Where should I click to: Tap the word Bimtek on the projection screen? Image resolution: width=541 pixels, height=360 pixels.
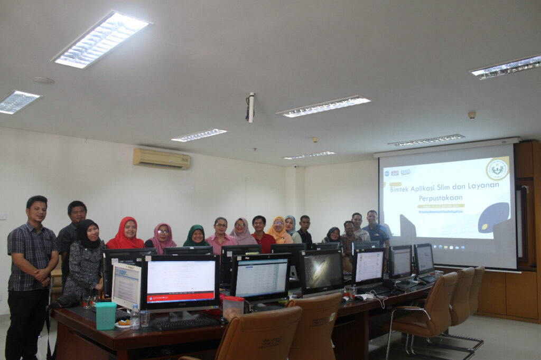pyautogui.click(x=403, y=190)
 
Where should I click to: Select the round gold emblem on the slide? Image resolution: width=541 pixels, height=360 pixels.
pyautogui.click(x=497, y=169)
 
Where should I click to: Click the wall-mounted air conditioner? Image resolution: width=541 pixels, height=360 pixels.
pyautogui.click(x=161, y=158)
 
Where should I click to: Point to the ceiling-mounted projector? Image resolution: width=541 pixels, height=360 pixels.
pyautogui.click(x=250, y=107)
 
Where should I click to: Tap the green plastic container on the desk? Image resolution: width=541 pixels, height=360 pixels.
pyautogui.click(x=106, y=315)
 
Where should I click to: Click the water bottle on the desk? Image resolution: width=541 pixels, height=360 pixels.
pyautogui.click(x=135, y=317)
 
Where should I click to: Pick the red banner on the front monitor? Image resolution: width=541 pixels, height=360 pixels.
pyautogui.click(x=181, y=298)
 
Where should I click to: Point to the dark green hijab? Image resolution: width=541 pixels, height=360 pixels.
pyautogui.click(x=196, y=236)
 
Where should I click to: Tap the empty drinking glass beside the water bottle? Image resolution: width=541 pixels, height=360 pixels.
pyautogui.click(x=145, y=318)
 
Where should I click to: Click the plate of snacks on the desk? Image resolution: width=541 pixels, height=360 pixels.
pyautogui.click(x=123, y=324)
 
